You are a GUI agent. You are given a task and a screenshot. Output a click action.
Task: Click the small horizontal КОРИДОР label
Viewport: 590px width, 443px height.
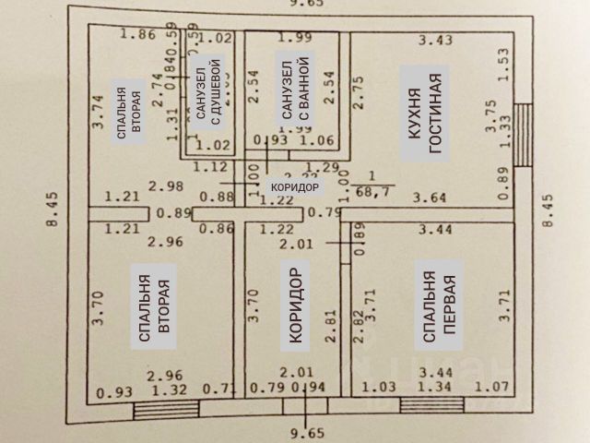[293, 187]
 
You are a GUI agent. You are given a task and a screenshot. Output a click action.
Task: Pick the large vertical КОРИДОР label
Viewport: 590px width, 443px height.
[297, 308]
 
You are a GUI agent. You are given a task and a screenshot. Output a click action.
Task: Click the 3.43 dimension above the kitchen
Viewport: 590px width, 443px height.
[435, 40]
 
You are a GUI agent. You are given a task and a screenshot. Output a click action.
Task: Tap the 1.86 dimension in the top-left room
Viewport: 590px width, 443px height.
[138, 36]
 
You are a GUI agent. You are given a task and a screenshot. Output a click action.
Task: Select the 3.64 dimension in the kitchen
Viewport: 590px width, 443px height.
[431, 197]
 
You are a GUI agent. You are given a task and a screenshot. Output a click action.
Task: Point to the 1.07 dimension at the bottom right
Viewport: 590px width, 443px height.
[487, 388]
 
